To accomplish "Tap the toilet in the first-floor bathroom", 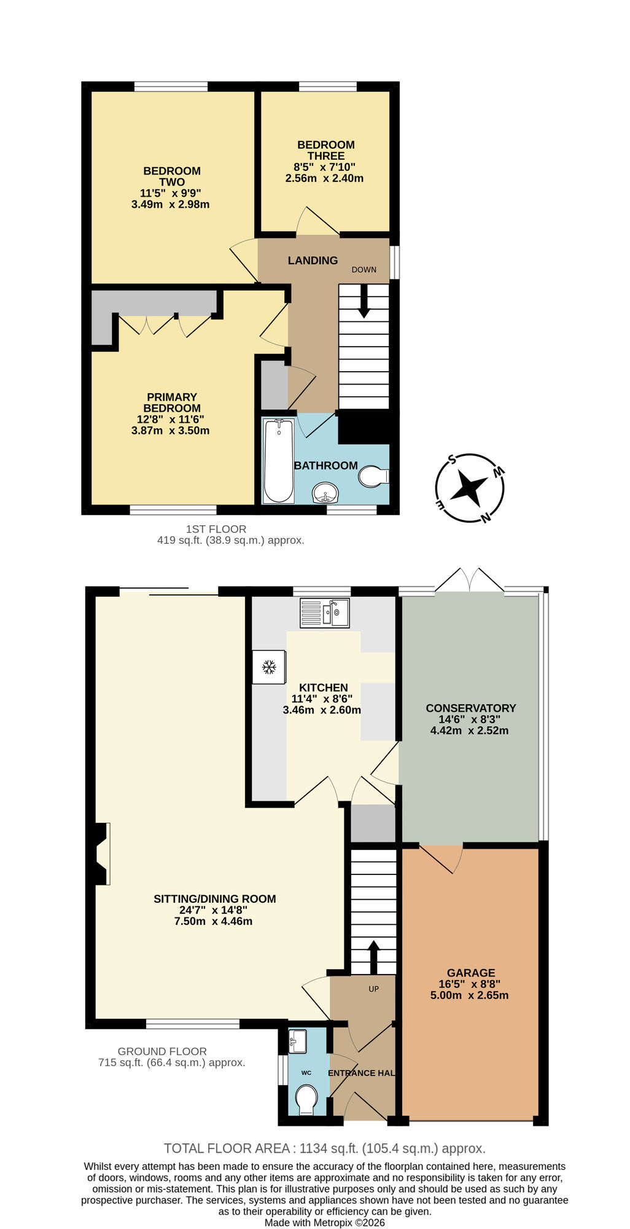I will coord(373,476).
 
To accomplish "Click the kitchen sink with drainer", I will coord(325,613).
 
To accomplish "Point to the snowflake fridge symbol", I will coord(269,667).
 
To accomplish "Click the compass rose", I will coord(470,489).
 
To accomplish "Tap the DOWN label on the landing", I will coord(364,270).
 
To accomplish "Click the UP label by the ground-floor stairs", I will coord(373,989).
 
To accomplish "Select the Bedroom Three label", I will coord(326,150).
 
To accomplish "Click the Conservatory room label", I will coord(471,708).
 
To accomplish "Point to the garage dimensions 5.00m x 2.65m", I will coord(470,995).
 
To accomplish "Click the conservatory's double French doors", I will coord(470,581).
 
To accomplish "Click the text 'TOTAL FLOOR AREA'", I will coord(227,1148).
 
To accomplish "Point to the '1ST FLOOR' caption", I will coord(216,528).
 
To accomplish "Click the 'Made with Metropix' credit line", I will coord(324,1222).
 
